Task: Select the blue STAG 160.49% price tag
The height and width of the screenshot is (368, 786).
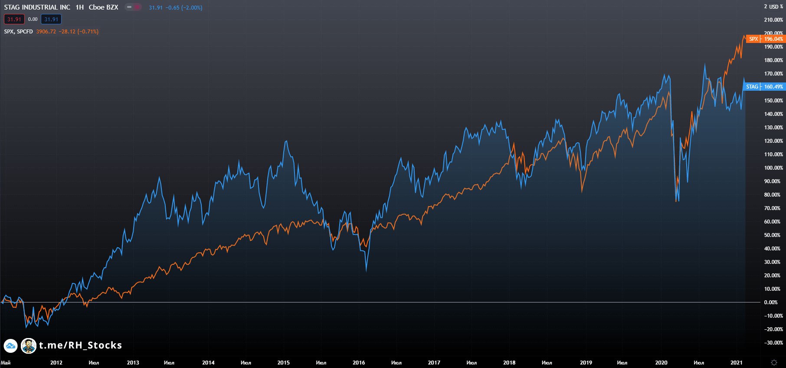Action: tap(764, 87)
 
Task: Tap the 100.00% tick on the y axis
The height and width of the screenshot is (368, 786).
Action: tap(773, 168)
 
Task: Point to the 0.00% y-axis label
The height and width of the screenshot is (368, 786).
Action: tap(771, 302)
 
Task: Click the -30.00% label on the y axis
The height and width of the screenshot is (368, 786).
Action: tap(773, 343)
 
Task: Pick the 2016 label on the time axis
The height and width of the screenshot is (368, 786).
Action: tap(359, 363)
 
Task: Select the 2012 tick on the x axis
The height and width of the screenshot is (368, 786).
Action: tap(56, 363)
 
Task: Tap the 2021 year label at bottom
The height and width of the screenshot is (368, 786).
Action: tap(736, 363)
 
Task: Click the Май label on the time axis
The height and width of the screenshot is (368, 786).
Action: tap(6, 363)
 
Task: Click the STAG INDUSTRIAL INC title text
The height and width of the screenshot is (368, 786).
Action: tap(37, 7)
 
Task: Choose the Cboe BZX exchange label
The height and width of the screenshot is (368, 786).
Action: tap(103, 7)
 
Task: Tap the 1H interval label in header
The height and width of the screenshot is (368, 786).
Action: tap(79, 7)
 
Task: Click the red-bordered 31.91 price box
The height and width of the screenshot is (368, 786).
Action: tap(14, 20)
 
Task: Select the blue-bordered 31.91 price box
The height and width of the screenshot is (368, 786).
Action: tap(51, 20)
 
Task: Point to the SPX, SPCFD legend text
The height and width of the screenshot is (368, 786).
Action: tap(18, 32)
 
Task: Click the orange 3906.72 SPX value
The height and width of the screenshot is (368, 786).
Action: tap(46, 32)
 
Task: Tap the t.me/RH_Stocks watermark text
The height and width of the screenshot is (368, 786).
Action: tap(80, 345)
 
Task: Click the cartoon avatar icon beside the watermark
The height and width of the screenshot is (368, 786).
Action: tap(29, 346)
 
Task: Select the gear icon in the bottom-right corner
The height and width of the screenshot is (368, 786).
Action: tap(774, 362)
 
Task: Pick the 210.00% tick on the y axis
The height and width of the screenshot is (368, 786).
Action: tap(773, 20)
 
